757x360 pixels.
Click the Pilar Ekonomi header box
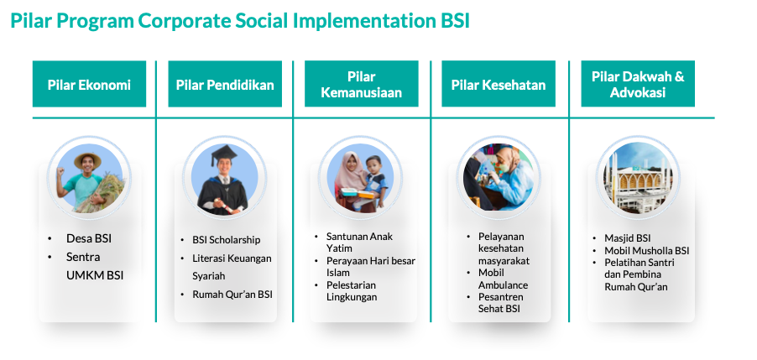tap(89, 84)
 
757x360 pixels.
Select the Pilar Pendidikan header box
tap(225, 84)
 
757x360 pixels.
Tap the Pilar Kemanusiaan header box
tap(362, 84)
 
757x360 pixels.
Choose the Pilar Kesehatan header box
tap(499, 84)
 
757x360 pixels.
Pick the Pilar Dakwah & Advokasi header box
tap(638, 84)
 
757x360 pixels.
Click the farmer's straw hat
tap(87, 159)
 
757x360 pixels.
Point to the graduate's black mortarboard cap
tap(224, 155)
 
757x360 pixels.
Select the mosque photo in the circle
tap(638, 177)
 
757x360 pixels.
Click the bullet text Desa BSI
tap(89, 238)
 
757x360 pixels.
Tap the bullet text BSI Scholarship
tap(227, 240)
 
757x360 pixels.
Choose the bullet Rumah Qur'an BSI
tap(232, 295)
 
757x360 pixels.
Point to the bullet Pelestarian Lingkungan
tap(352, 291)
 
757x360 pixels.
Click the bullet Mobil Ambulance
tap(503, 279)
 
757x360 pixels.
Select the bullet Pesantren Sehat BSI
tap(501, 303)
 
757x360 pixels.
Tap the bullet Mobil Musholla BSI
tap(647, 251)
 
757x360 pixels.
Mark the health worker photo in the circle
tap(499, 177)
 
